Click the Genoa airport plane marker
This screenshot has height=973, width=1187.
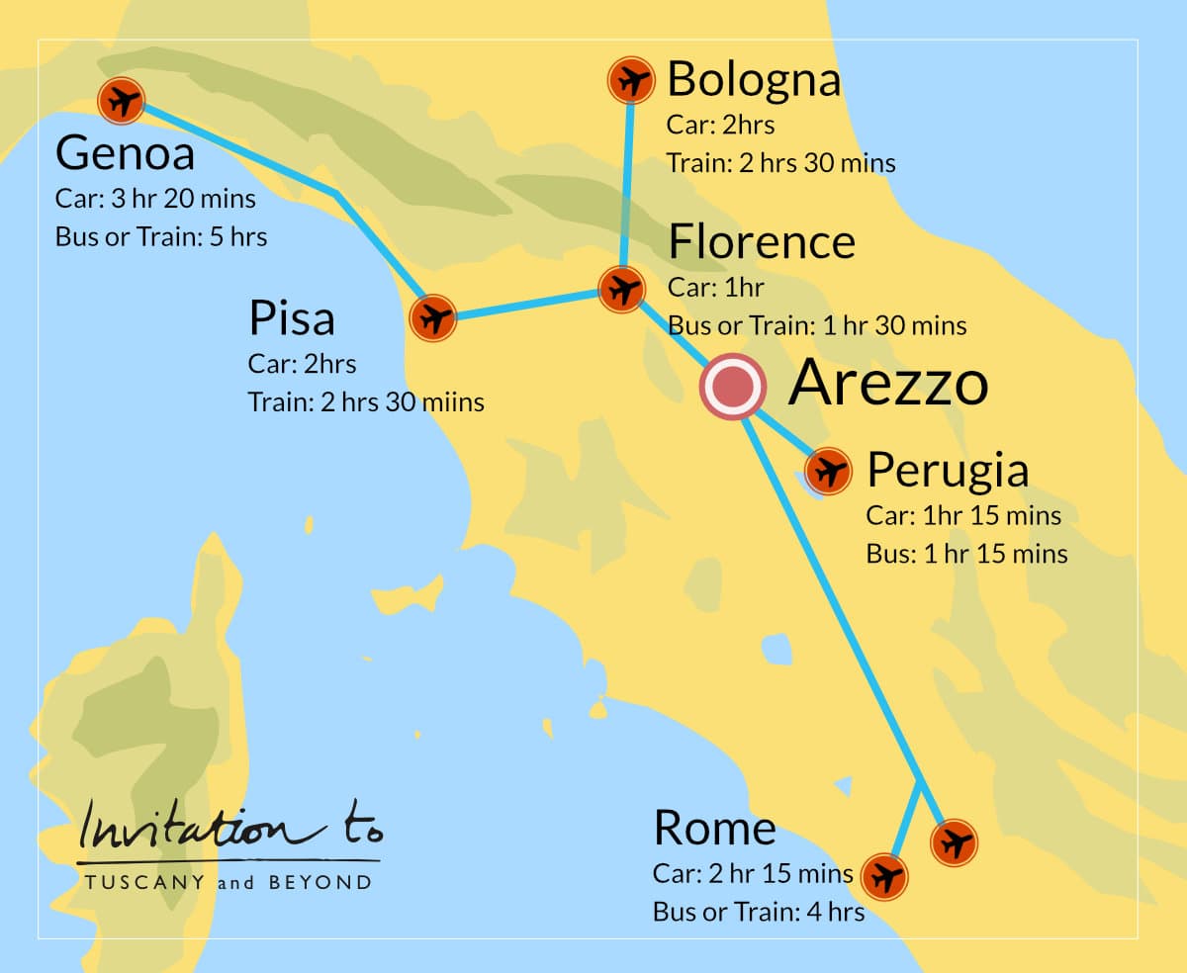click(x=122, y=100)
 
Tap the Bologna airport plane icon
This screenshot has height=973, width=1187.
click(x=630, y=80)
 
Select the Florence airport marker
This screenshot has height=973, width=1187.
click(x=622, y=290)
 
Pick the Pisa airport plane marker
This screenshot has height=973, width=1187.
click(x=432, y=318)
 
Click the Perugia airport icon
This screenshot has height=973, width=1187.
click(x=828, y=471)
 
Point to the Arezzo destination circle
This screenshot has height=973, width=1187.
click(x=732, y=387)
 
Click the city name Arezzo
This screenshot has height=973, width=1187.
click(x=887, y=384)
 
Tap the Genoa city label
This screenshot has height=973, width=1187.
click(x=125, y=154)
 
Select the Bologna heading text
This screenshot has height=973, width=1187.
click(x=754, y=80)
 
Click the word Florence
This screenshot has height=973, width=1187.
click(x=762, y=242)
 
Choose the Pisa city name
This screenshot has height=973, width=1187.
click(x=291, y=318)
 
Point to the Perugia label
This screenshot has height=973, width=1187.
click(x=947, y=471)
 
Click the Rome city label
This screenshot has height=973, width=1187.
click(x=714, y=829)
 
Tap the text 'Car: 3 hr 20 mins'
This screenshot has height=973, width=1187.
click(x=155, y=199)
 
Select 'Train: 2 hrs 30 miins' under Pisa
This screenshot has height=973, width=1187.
click(x=366, y=402)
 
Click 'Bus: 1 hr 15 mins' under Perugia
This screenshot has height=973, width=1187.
click(x=966, y=554)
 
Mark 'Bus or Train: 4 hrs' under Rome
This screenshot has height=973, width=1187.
click(x=758, y=912)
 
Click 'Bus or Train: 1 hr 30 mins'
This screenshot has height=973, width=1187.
click(x=817, y=325)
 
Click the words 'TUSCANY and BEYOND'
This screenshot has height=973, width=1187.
click(x=228, y=882)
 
